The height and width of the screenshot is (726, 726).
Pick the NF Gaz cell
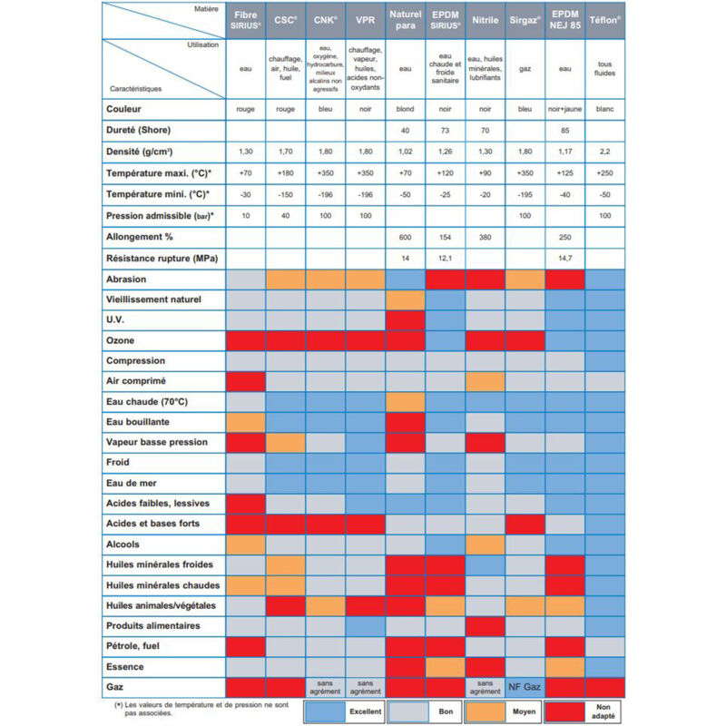[524, 687]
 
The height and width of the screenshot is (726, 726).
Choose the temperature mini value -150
[286, 195]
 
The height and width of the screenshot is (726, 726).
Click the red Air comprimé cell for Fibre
[246, 380]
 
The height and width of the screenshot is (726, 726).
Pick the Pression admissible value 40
[286, 216]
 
